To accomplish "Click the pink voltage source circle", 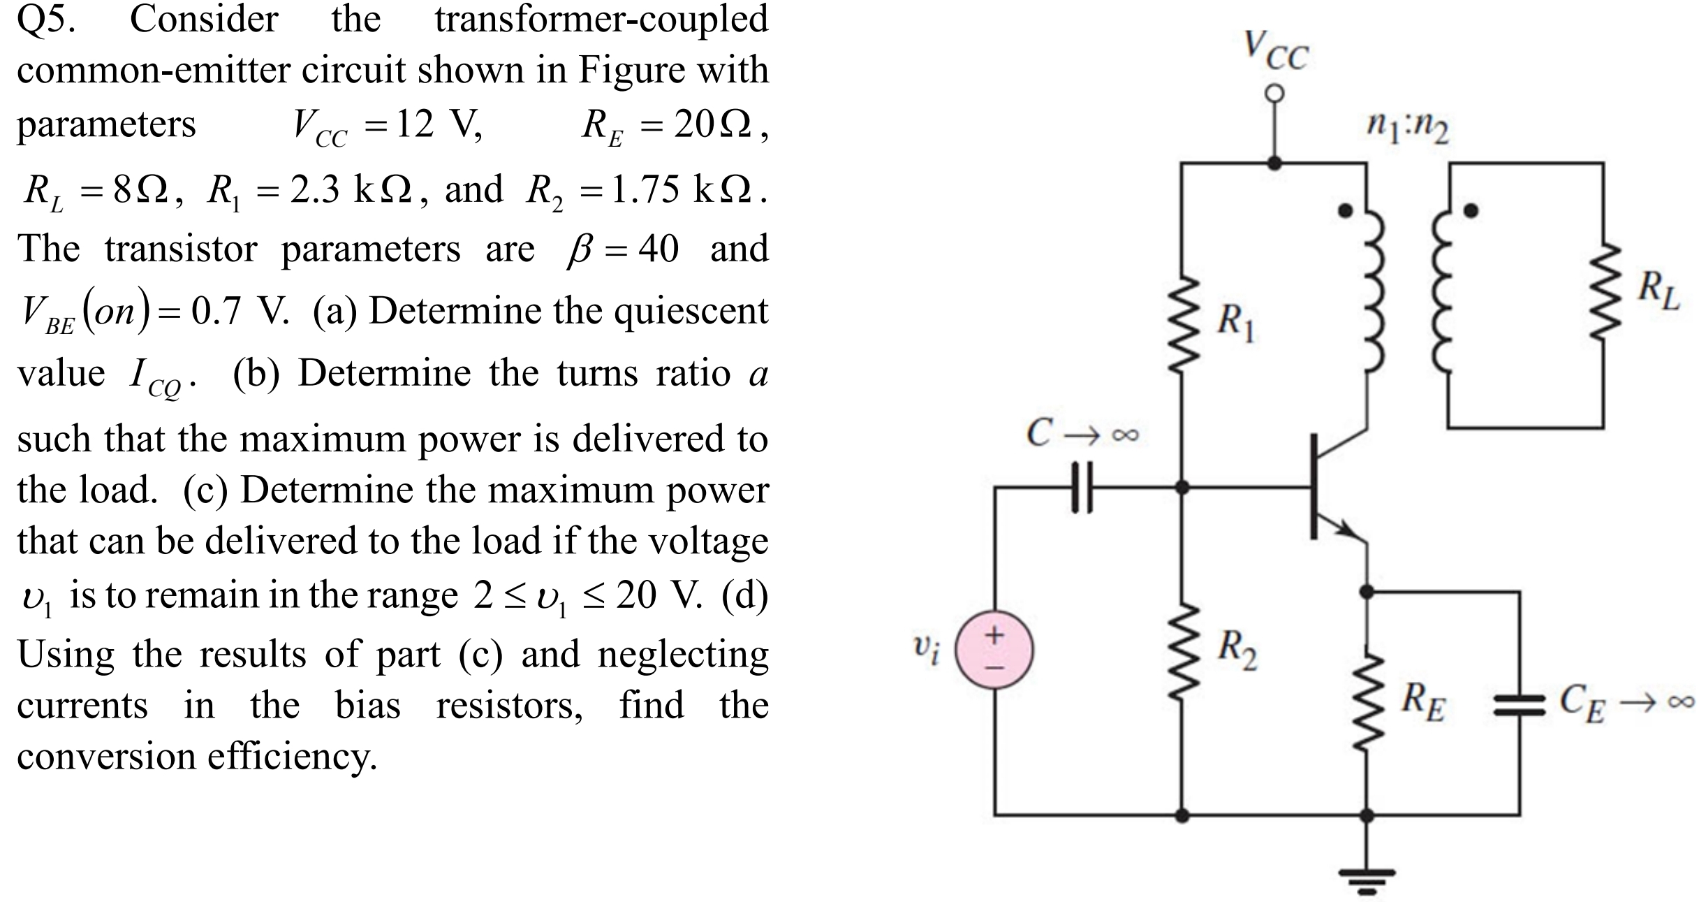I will (994, 650).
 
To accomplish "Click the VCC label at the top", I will (1276, 50).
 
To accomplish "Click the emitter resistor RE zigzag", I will (1367, 702).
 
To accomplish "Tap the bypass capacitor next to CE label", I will (1519, 710).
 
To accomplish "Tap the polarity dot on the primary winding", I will (1344, 210).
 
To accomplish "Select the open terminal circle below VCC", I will (1275, 93).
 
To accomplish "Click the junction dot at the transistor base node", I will (1182, 488).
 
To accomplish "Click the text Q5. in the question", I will (46, 20).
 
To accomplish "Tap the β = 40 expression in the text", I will (622, 249).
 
